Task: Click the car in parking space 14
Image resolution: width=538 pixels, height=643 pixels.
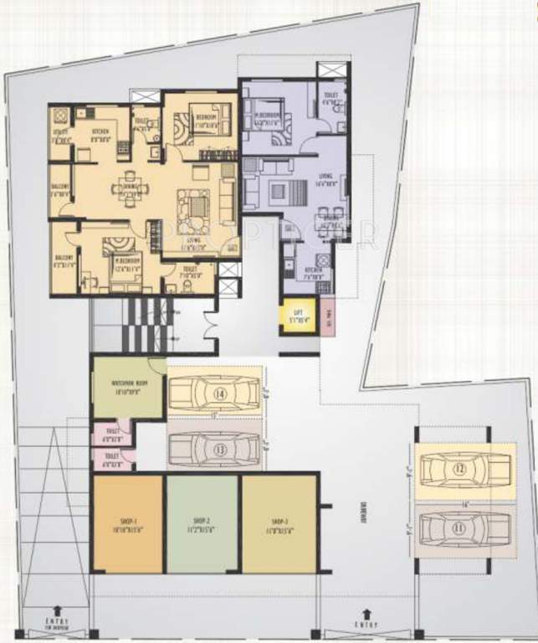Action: pos(215,392)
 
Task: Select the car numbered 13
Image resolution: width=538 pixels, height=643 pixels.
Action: pos(215,449)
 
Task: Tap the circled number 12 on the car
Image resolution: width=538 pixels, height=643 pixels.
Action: pos(459,470)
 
